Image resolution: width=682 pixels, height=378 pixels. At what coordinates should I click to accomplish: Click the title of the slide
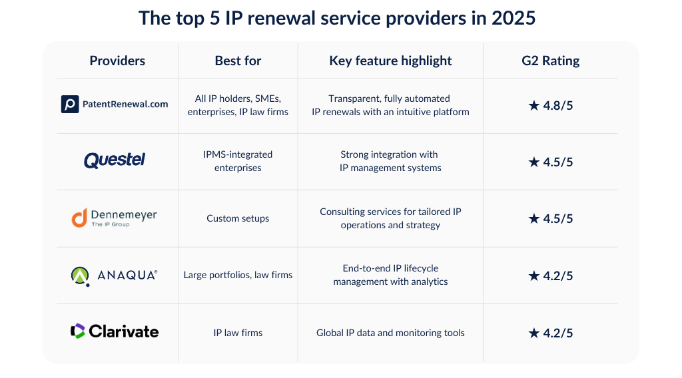[x=337, y=18]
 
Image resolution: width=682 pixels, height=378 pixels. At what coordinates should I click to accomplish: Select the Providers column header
[x=117, y=61]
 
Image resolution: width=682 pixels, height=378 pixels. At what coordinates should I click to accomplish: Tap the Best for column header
[x=238, y=61]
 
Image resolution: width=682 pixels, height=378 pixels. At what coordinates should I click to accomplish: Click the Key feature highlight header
[x=390, y=61]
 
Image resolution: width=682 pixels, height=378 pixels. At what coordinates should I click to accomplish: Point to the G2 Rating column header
[x=550, y=61]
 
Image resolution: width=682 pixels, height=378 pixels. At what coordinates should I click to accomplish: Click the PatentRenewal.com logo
[x=115, y=104]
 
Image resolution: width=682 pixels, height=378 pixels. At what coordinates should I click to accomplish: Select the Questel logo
[x=115, y=160]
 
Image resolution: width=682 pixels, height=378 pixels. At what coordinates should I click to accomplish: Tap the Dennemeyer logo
[x=115, y=218]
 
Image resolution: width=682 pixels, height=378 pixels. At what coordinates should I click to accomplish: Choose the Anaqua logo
[x=115, y=275]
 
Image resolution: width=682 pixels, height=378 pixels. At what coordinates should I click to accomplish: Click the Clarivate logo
[x=115, y=331]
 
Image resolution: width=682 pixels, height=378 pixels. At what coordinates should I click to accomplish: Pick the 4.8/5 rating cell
[x=550, y=105]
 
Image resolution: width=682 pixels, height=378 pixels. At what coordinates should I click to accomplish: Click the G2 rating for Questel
[x=550, y=162]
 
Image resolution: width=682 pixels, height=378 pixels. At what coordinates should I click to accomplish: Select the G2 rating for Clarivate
[x=550, y=333]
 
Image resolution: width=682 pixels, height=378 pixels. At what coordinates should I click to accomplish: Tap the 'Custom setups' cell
[x=238, y=218]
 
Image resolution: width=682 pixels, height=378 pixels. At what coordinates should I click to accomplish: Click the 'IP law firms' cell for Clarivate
[x=238, y=333]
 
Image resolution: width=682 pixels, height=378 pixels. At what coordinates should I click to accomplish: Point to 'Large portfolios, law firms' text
[x=238, y=275]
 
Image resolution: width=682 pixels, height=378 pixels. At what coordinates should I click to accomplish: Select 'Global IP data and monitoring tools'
[x=390, y=333]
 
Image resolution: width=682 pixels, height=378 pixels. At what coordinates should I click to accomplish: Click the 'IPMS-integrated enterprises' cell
[x=238, y=161]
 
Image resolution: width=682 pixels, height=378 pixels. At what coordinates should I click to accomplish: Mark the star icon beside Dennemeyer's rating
[x=533, y=218]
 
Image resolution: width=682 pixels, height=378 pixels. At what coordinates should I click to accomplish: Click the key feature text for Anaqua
[x=390, y=275]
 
